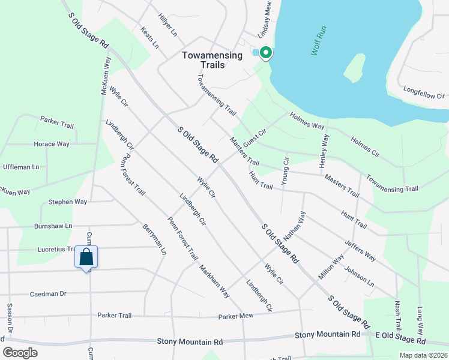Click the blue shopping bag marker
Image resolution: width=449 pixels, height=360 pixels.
pyautogui.click(x=86, y=257)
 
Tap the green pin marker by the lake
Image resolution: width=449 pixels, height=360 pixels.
pyautogui.click(x=265, y=53)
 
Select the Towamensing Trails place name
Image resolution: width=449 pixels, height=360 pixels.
pyautogui.click(x=212, y=60)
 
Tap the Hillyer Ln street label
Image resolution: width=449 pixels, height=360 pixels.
pyautogui.click(x=167, y=25)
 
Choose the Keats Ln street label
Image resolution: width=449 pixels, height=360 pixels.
pyautogui.click(x=149, y=37)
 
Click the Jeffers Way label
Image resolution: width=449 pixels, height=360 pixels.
pyautogui.click(x=360, y=250)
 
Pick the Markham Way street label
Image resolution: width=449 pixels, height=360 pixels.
pyautogui.click(x=215, y=281)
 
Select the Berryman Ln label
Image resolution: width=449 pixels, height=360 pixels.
pyautogui.click(x=154, y=240)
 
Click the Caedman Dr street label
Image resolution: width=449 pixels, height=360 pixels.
pyautogui.click(x=47, y=294)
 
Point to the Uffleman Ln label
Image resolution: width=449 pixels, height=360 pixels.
pyautogui.click(x=21, y=167)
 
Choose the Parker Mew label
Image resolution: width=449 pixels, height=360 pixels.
pyautogui.click(x=237, y=316)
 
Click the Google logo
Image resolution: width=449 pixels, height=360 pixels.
pyautogui.click(x=19, y=353)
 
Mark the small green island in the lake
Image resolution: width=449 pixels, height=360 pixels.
pyautogui.click(x=354, y=68)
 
